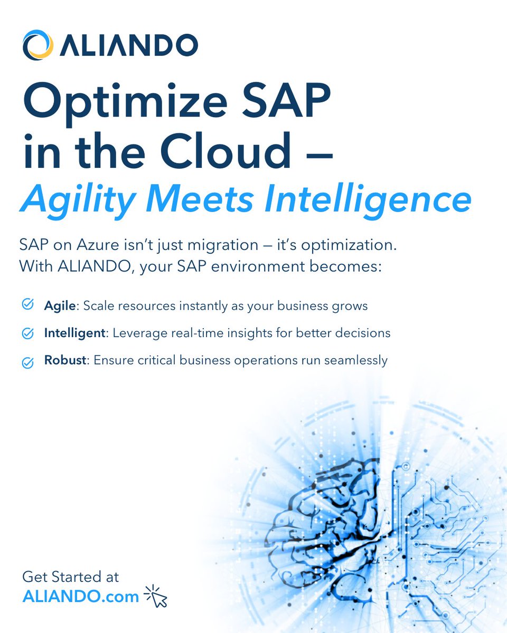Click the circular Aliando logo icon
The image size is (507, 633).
pyautogui.click(x=37, y=45)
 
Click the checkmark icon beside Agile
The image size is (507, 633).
pyautogui.click(x=27, y=304)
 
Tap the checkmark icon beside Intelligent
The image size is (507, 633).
pyautogui.click(x=27, y=333)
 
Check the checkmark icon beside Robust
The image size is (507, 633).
pyautogui.click(x=27, y=362)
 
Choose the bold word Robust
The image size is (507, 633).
pyautogui.click(x=64, y=361)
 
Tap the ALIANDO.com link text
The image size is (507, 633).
pyautogui.click(x=81, y=596)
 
